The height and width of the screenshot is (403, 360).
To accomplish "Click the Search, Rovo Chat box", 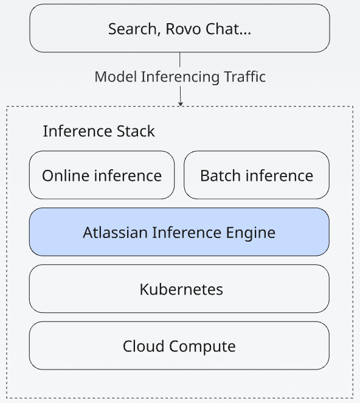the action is point(180,28).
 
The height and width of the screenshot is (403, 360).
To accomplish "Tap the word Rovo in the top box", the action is point(183,29).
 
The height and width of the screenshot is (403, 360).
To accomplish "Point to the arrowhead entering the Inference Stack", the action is point(181,103).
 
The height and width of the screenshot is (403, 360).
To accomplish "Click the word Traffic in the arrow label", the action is point(244,77).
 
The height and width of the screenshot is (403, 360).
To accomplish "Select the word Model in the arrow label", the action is point(116,77).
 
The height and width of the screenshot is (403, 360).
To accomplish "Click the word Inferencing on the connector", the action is point(180,77).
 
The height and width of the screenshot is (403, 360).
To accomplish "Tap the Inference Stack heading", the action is point(99,131).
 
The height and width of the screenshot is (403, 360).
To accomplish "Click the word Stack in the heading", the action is point(136,131).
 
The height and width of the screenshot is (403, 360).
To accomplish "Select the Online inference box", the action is point(102,175).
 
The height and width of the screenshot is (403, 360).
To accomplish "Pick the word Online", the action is point(66,176).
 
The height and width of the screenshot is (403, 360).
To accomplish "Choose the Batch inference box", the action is point(257,175).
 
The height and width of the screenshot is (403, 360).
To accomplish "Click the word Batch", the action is point(221,176).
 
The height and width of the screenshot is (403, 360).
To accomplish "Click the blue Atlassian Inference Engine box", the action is point(179,232).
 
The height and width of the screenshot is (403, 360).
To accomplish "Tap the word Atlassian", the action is point(115,233).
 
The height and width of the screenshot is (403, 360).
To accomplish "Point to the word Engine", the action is point(251,233).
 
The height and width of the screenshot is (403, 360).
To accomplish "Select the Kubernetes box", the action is point(179,289).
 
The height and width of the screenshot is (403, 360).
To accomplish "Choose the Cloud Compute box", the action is point(179,345).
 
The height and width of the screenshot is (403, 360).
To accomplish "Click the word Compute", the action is point(202,347).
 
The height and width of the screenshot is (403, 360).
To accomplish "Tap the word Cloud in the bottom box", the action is point(144,346).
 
